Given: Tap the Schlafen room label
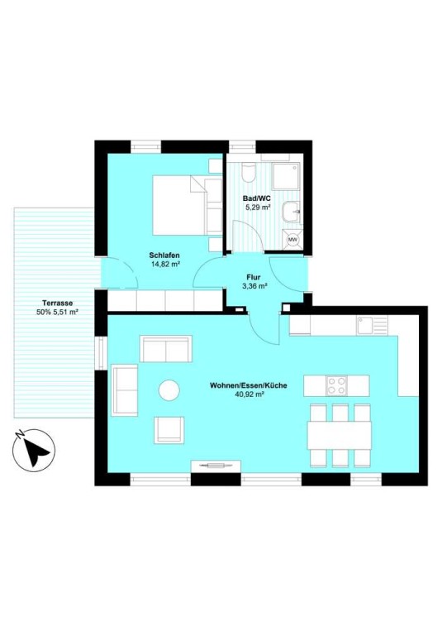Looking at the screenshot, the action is click(x=164, y=255).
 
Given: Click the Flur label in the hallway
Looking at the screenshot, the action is click(x=254, y=277).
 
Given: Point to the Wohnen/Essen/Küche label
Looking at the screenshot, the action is click(x=249, y=385).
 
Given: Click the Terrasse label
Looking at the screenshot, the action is click(x=57, y=303).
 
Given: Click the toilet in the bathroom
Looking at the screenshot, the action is click(x=248, y=173).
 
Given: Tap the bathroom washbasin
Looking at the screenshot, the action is click(x=291, y=211).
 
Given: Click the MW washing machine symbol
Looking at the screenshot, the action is click(x=292, y=240).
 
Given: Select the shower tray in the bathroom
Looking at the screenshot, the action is click(x=287, y=175).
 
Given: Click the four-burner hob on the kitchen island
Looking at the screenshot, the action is click(x=336, y=385).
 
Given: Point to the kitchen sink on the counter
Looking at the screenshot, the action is click(x=372, y=325).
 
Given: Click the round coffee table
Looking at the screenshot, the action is click(x=169, y=389).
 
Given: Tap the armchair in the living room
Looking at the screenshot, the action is click(x=169, y=429).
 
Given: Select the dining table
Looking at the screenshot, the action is click(x=339, y=435).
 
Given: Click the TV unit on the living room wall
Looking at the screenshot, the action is click(x=216, y=466).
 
